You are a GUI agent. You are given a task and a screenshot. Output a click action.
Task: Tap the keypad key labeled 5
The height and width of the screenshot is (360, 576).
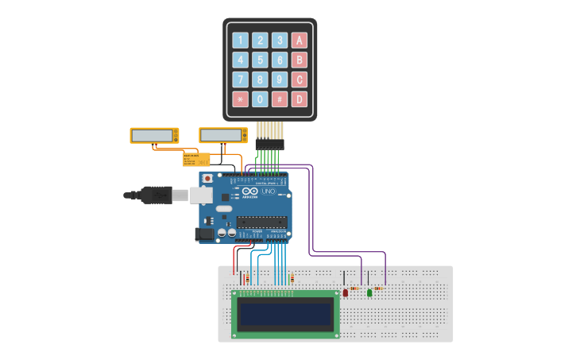(x=260, y=60)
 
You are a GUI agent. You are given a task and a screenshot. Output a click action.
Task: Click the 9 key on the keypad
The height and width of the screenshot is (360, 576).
(x=280, y=79)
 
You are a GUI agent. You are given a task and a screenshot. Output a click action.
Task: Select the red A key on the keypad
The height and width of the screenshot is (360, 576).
(x=300, y=41)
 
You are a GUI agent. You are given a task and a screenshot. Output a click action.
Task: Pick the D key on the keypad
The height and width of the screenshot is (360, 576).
(x=300, y=99)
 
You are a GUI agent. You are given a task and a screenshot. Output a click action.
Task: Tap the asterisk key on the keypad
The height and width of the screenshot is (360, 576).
(x=240, y=99)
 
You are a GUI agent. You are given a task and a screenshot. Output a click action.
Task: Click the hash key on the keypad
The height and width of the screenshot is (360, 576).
(x=280, y=99)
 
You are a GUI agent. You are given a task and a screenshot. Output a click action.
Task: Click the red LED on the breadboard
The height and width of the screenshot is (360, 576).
(x=346, y=292)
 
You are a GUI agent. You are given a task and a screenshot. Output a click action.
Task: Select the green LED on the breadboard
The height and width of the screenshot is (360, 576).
(x=369, y=292)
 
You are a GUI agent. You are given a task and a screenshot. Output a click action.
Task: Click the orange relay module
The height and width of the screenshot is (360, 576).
(x=196, y=159)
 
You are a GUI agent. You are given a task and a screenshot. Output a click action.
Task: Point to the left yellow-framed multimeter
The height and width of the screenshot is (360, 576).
(x=154, y=136)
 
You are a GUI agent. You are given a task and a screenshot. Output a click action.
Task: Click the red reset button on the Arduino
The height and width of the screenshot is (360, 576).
(x=207, y=179)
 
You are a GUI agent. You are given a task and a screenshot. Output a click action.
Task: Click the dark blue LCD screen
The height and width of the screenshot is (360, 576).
(x=286, y=314)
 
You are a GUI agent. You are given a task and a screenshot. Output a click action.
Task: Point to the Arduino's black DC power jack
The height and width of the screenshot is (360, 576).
(x=205, y=234)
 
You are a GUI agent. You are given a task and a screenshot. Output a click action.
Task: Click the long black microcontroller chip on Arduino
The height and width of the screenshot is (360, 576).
(x=261, y=222)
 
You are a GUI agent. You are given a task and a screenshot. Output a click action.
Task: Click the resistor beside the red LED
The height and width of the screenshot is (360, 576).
(x=354, y=288)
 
